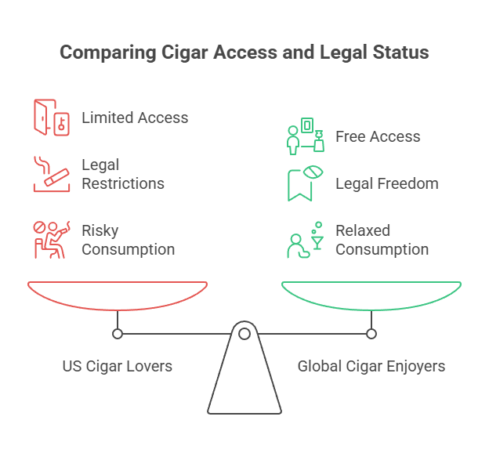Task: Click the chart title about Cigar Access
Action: [x=244, y=53]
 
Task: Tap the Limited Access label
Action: [x=135, y=118]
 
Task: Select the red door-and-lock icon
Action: [x=47, y=117]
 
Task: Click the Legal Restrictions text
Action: [x=123, y=174]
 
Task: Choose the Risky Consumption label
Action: [x=128, y=240]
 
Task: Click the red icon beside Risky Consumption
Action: [x=48, y=239]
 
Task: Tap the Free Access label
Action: [x=378, y=136]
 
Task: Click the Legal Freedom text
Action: [x=386, y=183]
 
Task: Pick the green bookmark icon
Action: [x=303, y=184]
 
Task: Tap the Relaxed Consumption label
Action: [x=382, y=240]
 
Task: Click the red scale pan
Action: [x=118, y=295]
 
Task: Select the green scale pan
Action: [x=371, y=295]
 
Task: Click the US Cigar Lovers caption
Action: [x=118, y=366]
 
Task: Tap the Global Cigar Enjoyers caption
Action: [x=371, y=366]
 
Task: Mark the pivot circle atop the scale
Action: [x=244, y=334]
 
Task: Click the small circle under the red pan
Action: [x=118, y=334]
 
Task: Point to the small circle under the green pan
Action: [x=371, y=334]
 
